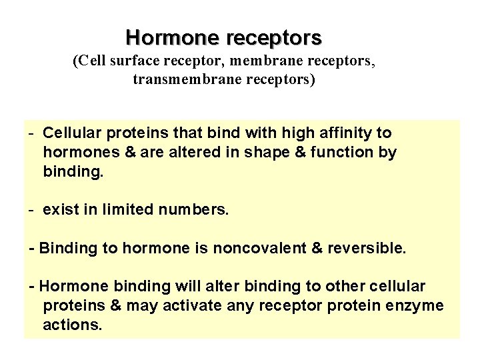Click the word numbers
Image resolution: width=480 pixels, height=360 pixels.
tap(193, 210)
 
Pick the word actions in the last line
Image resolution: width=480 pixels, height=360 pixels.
tap(72, 325)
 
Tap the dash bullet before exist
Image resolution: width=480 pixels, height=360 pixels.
tap(32, 210)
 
